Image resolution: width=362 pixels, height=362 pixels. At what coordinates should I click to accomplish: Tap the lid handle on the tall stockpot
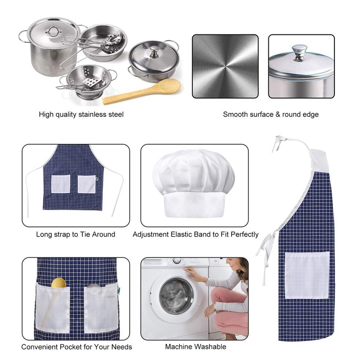(x=53, y=31)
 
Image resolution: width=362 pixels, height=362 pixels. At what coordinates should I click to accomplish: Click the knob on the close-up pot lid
(x=300, y=52)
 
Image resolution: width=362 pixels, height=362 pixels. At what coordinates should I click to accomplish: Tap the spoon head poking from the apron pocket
(x=58, y=282)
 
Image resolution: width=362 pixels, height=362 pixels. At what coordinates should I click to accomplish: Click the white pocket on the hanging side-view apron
(x=307, y=276)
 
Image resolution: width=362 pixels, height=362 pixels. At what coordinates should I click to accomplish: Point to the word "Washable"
(x=210, y=347)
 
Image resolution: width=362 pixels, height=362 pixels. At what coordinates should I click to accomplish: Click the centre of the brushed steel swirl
(x=225, y=67)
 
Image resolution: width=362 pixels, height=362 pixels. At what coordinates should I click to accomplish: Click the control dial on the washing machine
(x=176, y=261)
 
